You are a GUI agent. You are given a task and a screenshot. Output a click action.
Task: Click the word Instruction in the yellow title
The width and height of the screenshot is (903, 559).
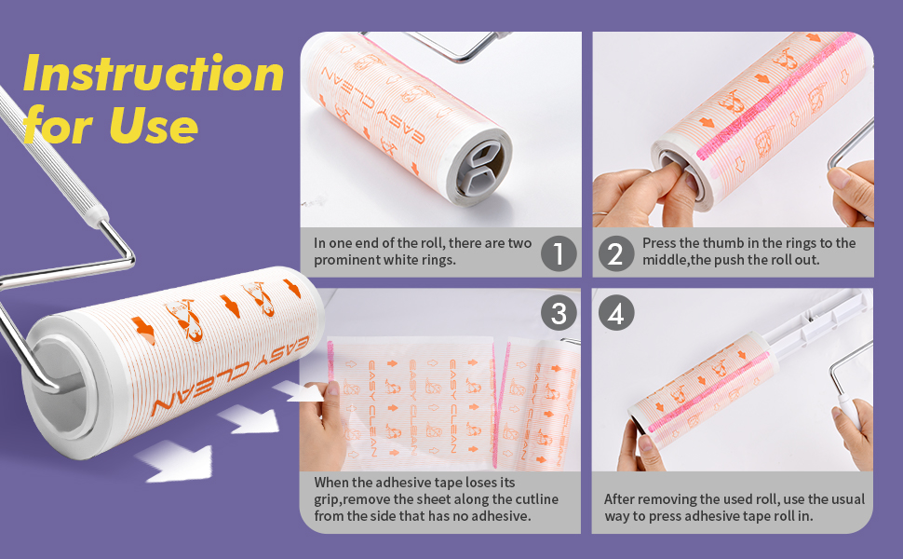(154, 74)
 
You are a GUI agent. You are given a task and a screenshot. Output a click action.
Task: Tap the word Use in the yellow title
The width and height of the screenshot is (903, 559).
(154, 126)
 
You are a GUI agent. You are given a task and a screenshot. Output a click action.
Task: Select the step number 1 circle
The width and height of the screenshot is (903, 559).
(559, 253)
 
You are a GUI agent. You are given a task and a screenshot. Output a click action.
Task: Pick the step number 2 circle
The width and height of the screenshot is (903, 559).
(616, 253)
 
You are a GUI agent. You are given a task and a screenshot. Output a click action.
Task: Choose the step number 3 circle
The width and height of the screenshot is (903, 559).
(559, 313)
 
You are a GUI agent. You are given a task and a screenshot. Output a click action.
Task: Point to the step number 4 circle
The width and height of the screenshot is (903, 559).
(616, 313)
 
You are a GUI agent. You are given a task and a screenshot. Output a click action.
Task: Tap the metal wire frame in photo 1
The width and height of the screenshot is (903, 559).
(438, 45)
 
